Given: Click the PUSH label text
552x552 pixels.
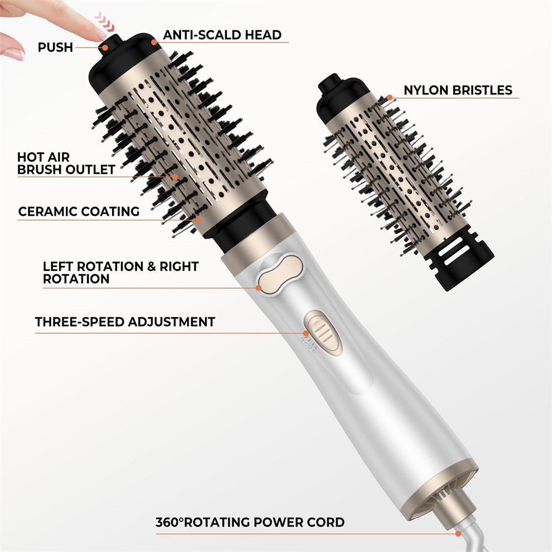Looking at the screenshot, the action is point(55,47).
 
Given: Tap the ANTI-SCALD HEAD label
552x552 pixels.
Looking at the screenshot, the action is point(222,35).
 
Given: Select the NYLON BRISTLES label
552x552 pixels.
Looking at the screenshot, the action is point(458,90).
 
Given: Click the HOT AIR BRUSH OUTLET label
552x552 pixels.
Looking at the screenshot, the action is point(66,163).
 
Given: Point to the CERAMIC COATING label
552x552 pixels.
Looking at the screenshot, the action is point(79,211).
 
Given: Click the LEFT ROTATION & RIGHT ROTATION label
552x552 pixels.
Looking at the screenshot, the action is point(121,273).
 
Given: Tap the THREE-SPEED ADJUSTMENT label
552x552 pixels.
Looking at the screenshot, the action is point(125,322).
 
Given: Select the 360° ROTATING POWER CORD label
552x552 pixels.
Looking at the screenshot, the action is point(250,522).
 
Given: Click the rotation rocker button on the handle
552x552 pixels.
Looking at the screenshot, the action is point(280,274).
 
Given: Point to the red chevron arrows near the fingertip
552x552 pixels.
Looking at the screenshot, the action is point(104,22).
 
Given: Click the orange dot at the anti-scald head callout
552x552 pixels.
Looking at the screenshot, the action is point(154,43).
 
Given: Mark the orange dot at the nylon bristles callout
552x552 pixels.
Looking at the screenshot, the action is point(389,98).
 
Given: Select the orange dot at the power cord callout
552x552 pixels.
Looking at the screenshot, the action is point(458,534).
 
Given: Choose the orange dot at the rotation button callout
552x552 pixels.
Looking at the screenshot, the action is point(259,288).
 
